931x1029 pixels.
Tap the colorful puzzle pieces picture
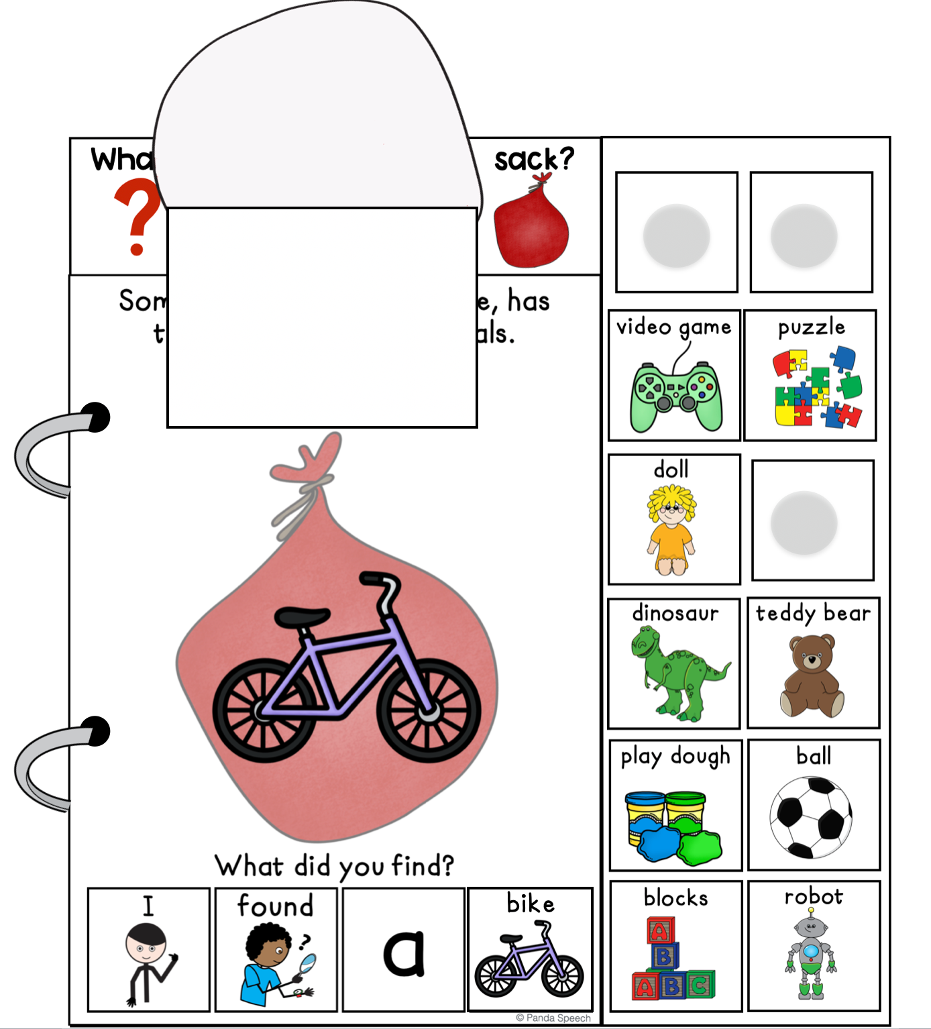pos(816,388)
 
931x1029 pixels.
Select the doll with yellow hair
pos(671,530)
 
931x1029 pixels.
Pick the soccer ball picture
pos(811,817)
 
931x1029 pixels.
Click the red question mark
pos(138,219)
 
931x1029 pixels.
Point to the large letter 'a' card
pos(404,953)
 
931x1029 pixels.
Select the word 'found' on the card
pos(276,906)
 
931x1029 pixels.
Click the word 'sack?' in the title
pos(534,160)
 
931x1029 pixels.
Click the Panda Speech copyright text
pos(553,1018)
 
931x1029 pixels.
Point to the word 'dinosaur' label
pos(675,613)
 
